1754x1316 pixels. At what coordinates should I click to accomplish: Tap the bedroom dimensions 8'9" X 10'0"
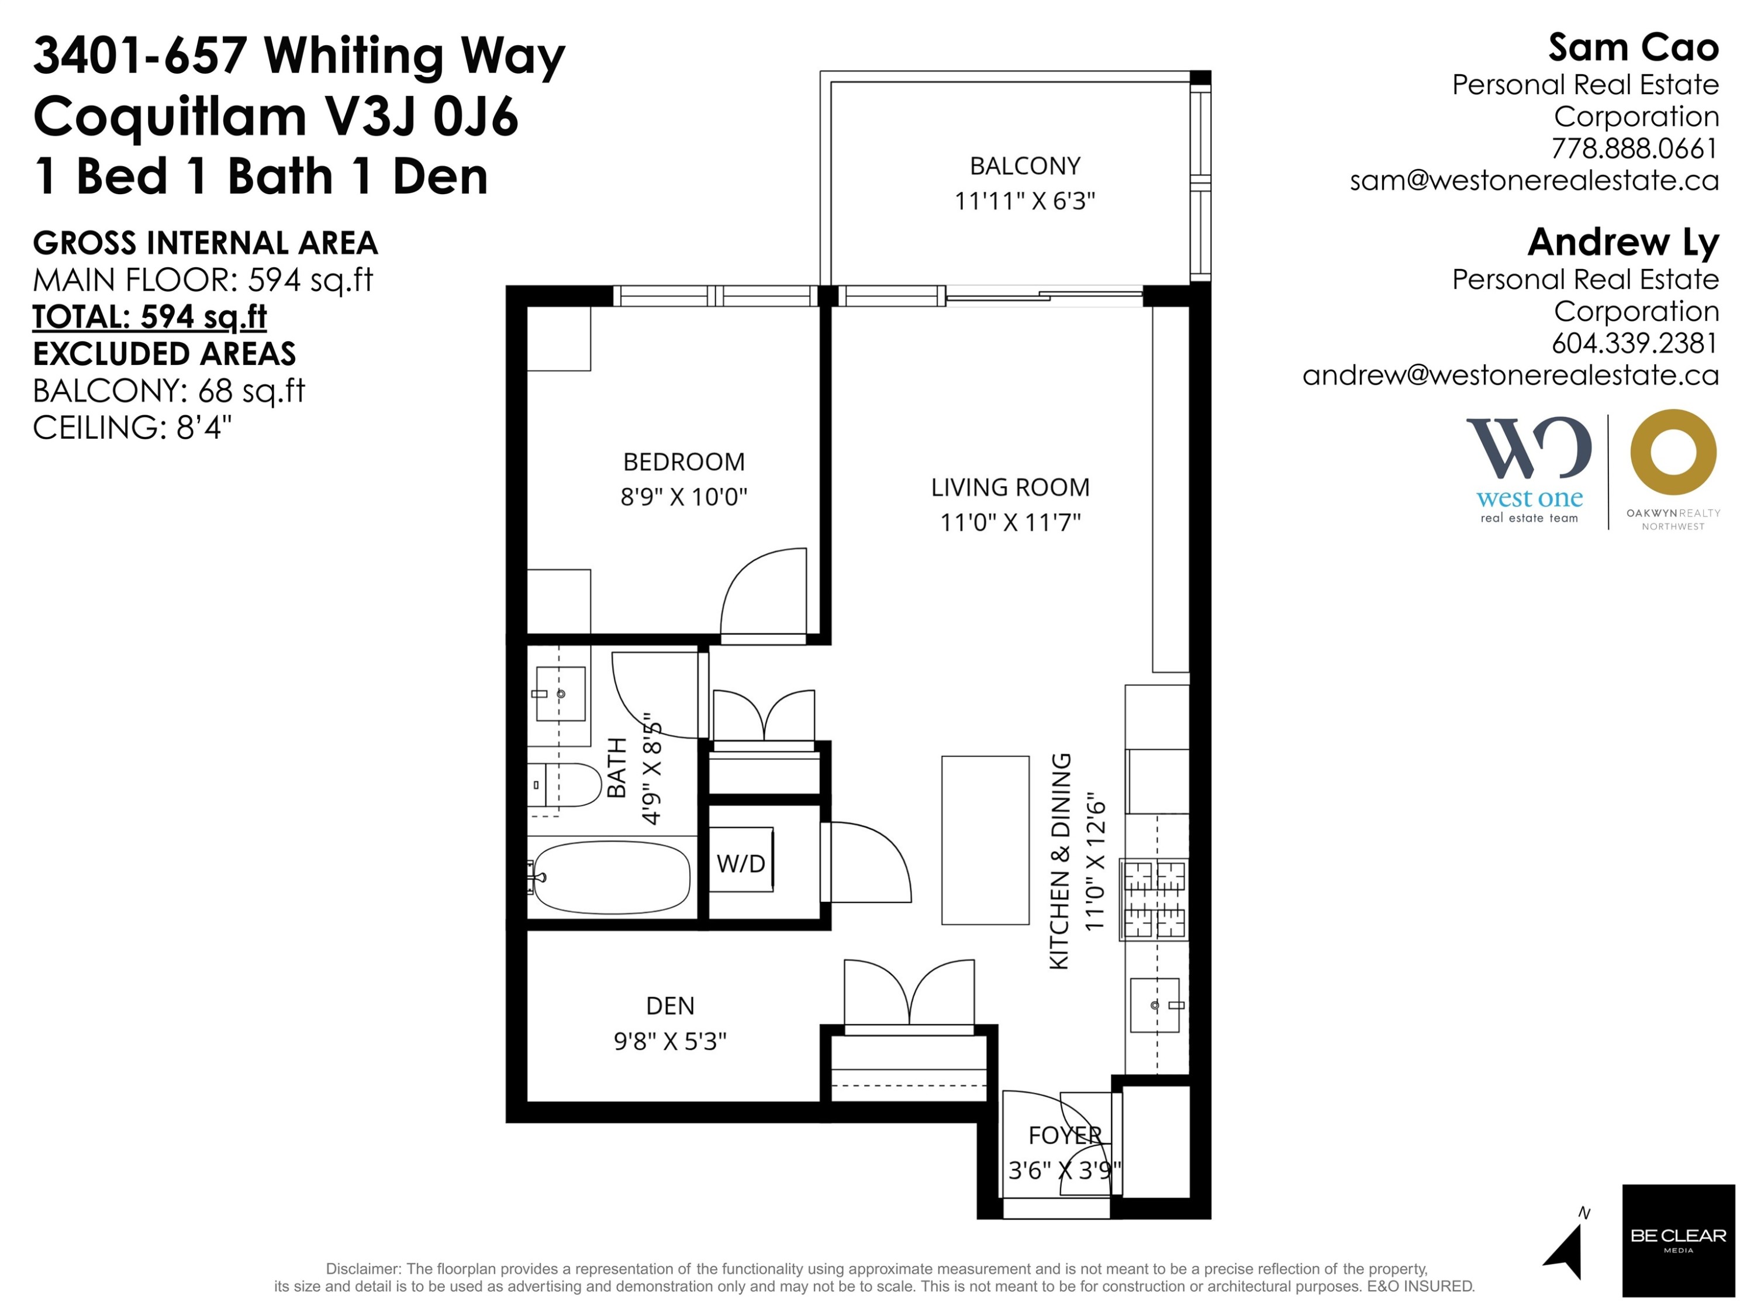tap(683, 497)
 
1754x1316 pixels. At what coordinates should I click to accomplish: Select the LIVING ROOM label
tap(1010, 487)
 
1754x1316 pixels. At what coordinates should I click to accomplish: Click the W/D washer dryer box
tap(741, 859)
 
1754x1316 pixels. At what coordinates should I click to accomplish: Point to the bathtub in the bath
tap(612, 877)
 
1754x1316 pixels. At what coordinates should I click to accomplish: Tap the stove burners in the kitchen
tap(1154, 900)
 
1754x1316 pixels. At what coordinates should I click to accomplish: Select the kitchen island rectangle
tap(985, 840)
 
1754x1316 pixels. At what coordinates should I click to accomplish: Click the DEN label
tap(670, 1006)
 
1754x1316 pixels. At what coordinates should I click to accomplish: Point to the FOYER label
tap(1065, 1135)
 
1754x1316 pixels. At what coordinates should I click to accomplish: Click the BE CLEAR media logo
tap(1679, 1241)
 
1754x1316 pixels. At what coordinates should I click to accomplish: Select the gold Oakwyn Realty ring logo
tap(1673, 453)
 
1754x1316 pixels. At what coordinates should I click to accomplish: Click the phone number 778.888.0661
tap(1634, 149)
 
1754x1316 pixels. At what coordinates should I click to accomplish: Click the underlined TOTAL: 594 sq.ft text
tap(150, 316)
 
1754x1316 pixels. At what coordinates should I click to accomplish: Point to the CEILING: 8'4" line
tap(132, 428)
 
